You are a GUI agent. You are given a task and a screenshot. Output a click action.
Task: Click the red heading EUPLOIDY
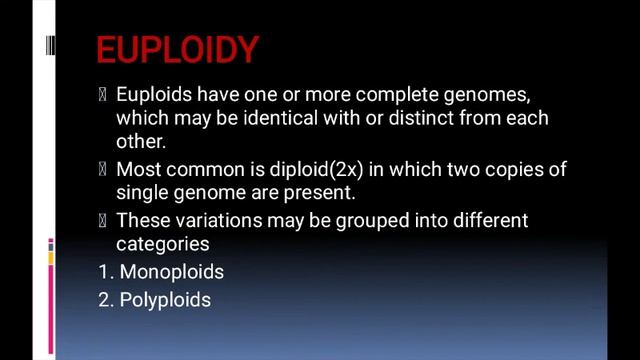point(177,49)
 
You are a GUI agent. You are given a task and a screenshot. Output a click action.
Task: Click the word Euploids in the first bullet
point(151,95)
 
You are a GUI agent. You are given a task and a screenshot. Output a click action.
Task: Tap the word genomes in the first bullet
point(489,95)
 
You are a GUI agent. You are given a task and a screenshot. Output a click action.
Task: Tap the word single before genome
point(143,193)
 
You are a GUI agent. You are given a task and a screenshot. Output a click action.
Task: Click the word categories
point(162,243)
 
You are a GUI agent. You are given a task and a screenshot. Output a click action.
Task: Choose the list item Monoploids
point(171,272)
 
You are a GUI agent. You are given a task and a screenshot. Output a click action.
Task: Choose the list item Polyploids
point(165,298)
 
